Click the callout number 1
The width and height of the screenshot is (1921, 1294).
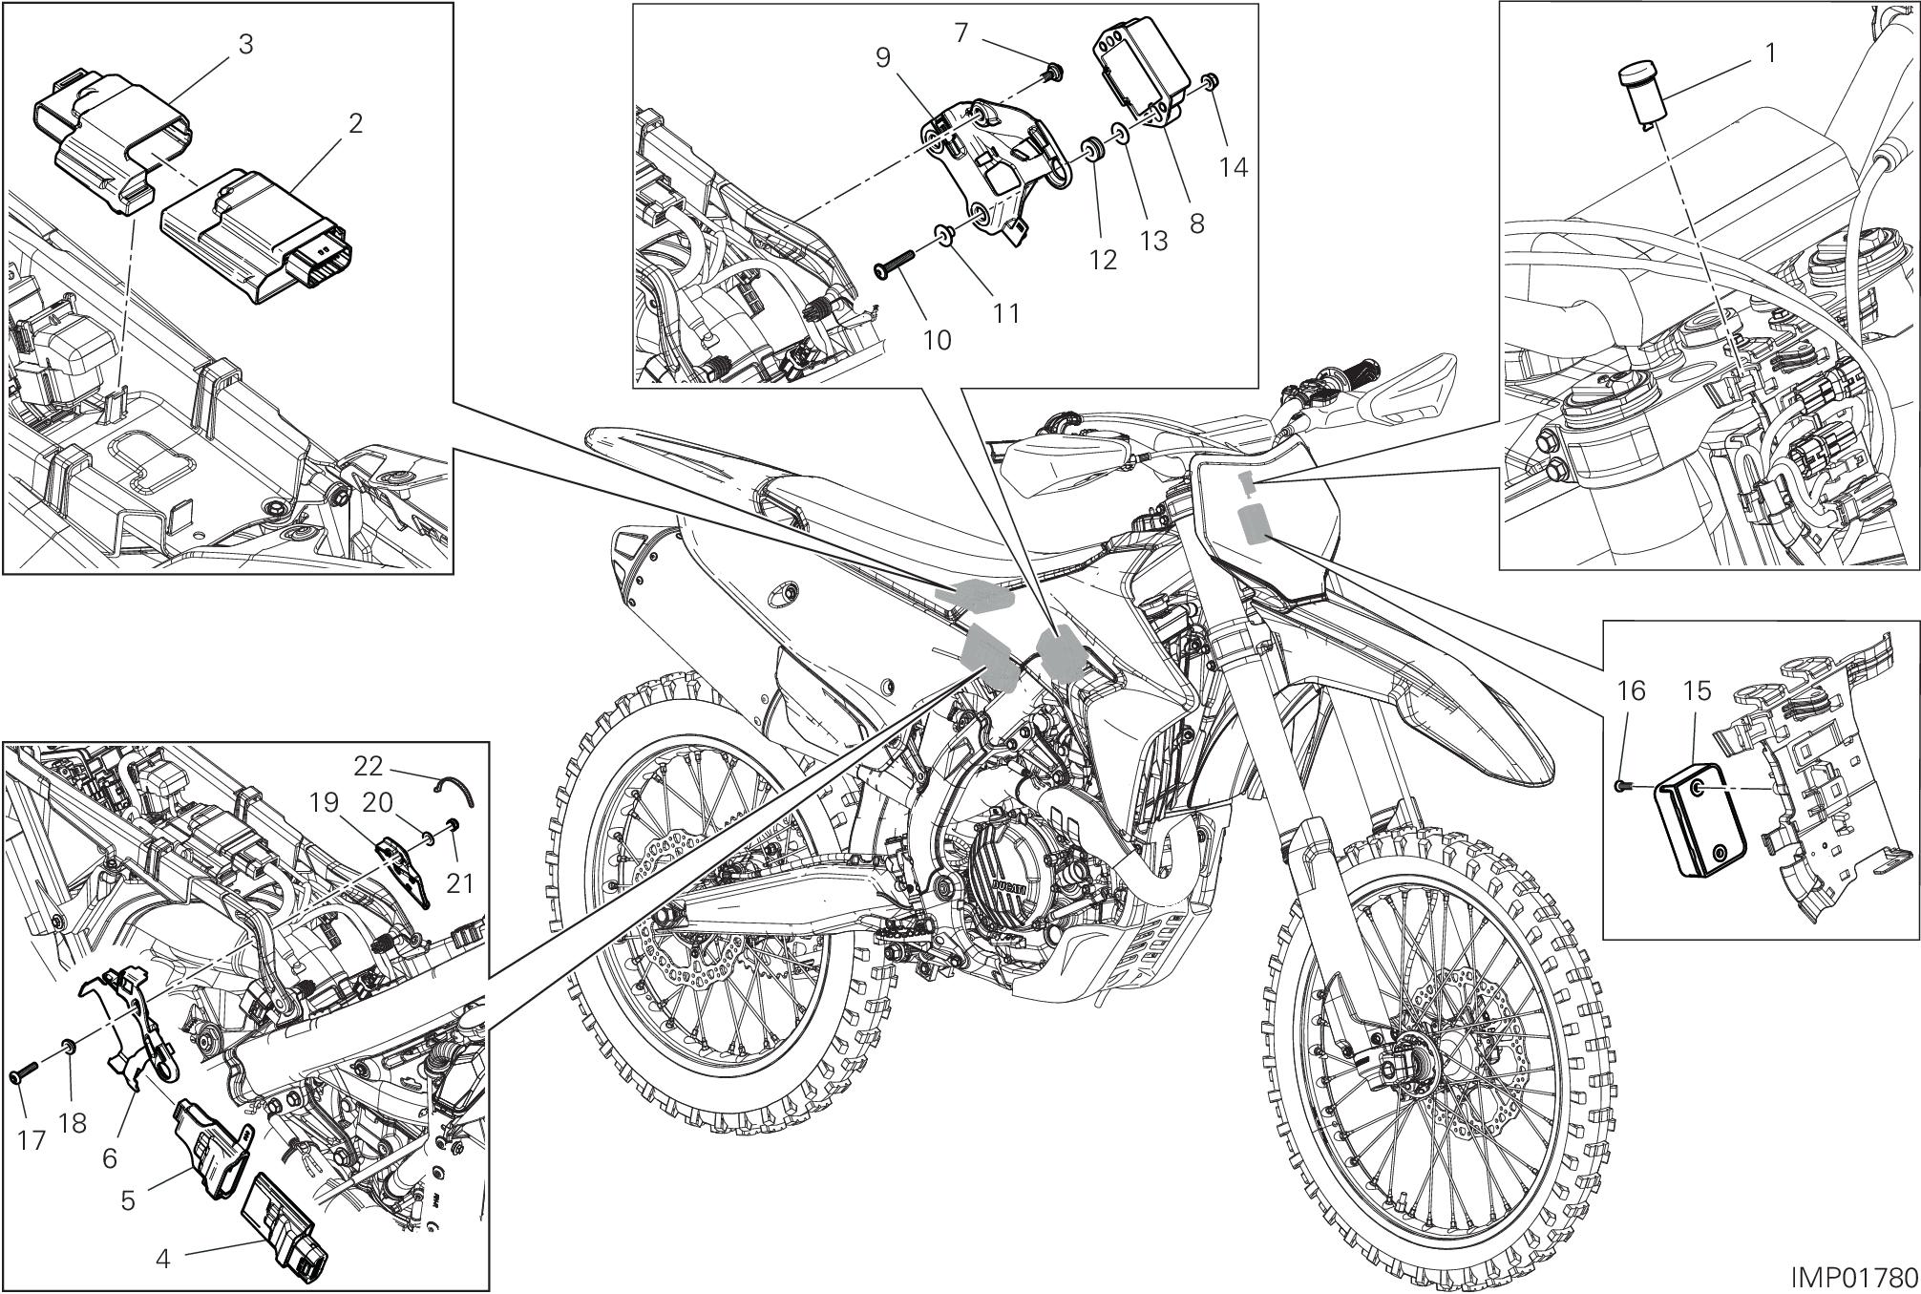[x=1770, y=53]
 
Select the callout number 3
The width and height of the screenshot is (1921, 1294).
[x=245, y=45]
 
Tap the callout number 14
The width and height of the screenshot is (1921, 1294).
[x=1233, y=166]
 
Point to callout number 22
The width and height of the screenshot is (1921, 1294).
[x=368, y=766]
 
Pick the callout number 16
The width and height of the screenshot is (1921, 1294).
[x=1631, y=690]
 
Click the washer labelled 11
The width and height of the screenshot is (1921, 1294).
[x=942, y=235]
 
